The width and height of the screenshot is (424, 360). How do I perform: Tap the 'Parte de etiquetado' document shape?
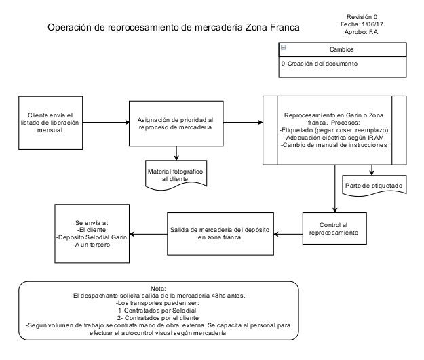pos(372,185)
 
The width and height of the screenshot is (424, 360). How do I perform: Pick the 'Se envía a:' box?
pos(92,234)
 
